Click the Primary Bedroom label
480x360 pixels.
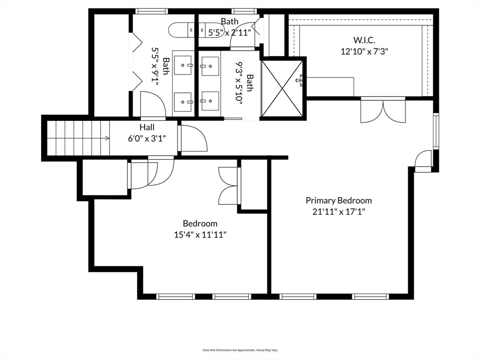pos(338,201)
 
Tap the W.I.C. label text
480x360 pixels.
pos(364,40)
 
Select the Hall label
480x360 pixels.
pos(147,127)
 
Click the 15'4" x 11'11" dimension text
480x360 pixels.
pos(200,235)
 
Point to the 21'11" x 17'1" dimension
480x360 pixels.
pos(339,211)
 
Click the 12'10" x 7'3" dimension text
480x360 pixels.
pos(364,51)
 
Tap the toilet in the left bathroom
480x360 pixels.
pos(181,30)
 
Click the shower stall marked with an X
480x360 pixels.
pos(282,89)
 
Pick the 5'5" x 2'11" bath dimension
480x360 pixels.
pos(230,32)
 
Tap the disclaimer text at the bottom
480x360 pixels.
pos(240,350)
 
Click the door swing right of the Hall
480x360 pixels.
pos(193,138)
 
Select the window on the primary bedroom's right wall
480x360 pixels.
pos(435,131)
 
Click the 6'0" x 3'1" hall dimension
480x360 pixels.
pos(147,139)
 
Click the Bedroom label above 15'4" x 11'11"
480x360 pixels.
pos(200,224)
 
